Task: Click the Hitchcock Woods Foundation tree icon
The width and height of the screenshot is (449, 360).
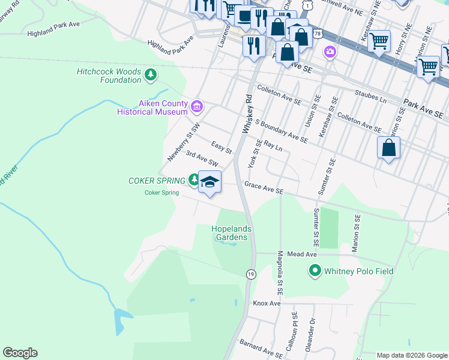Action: (151, 75)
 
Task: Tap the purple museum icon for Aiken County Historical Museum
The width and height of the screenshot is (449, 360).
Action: (196, 107)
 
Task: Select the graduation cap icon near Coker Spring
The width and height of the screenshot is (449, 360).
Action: (209, 182)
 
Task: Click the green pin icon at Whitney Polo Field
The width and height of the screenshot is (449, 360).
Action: (315, 271)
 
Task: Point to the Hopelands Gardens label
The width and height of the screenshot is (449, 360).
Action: (231, 233)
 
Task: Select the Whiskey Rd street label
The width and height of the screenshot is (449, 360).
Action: (246, 113)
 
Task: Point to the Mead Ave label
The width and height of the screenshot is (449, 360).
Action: (301, 254)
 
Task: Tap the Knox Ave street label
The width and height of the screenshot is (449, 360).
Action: (267, 304)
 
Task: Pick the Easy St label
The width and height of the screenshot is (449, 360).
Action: (221, 146)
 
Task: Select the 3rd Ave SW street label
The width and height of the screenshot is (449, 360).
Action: (201, 158)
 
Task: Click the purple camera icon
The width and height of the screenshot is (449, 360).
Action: (330, 53)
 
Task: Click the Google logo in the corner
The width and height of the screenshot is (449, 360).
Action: (20, 353)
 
